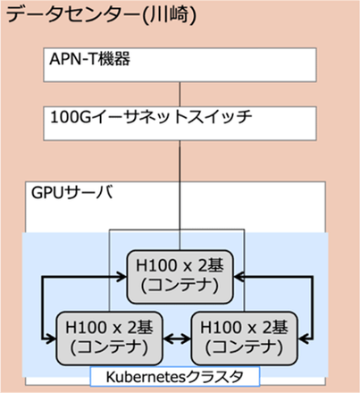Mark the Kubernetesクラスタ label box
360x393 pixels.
[173, 376]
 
